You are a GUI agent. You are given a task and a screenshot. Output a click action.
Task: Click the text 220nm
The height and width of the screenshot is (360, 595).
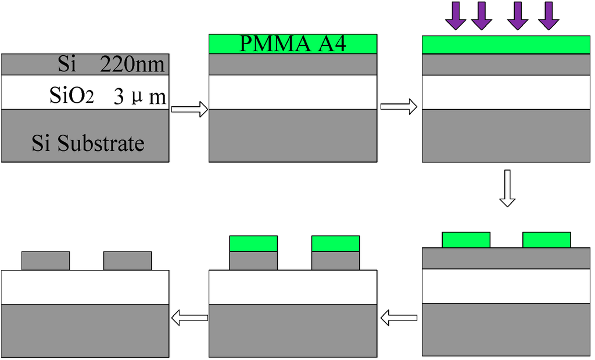coord(132,64)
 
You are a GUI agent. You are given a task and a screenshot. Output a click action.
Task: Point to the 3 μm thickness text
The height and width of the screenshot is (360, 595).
coord(139,97)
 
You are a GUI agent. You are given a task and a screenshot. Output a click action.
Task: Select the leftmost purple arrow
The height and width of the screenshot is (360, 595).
coord(456,16)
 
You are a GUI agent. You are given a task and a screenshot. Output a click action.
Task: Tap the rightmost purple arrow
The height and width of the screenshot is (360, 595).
coord(548,16)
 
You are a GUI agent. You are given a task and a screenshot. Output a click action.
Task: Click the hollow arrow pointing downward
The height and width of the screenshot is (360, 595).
coord(507,188)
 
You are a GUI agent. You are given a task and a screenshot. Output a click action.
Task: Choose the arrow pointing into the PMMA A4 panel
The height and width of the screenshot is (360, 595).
coord(189,108)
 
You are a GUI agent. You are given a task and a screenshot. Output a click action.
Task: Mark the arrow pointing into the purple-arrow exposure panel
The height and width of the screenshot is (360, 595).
coord(399,107)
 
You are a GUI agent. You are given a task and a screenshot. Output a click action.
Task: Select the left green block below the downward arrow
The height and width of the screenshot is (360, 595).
coord(466,240)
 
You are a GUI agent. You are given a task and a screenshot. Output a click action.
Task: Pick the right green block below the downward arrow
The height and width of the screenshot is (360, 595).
coord(546,240)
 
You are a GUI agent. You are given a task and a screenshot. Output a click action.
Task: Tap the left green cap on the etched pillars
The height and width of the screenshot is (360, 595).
coord(253,243)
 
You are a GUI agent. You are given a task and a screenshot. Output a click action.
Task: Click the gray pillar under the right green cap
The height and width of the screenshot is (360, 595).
coord(335,261)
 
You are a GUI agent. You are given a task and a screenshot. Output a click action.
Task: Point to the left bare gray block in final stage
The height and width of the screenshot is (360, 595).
coord(45,261)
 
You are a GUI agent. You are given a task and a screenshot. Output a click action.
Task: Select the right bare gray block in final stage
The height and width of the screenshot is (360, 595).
coord(127,261)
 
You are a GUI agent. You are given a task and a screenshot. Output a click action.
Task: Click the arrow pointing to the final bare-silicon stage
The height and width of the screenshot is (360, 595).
coord(189,317)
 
